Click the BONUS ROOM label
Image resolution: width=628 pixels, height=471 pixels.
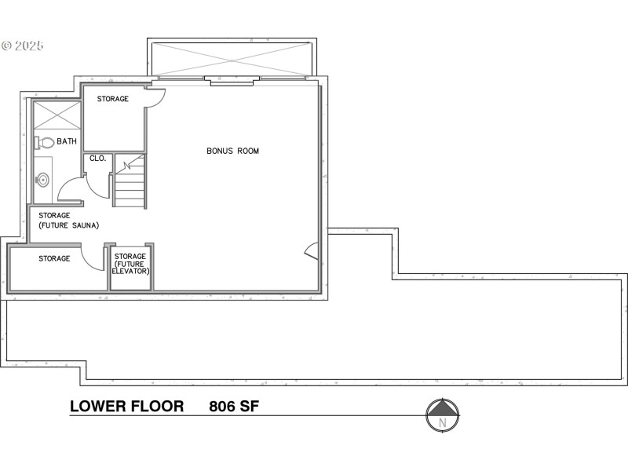coord(232,151)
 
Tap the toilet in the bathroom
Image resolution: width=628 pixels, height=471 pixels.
coord(44,143)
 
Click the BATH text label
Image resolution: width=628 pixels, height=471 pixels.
coord(67,142)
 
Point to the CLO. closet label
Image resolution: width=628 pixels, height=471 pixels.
coord(98,158)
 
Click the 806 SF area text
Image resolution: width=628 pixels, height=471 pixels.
coord(234,407)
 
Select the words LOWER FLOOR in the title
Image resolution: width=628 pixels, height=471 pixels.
coord(127,407)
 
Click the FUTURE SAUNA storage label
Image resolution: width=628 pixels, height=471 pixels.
coord(68,221)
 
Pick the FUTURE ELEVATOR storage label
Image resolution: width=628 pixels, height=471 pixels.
coord(131,264)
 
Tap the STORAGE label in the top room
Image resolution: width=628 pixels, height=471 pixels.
coord(112,99)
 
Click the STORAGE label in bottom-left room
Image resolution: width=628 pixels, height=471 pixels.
coord(54,258)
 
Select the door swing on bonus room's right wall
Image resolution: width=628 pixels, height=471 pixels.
coord(312,251)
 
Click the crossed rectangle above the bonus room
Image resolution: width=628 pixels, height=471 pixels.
coord(231,59)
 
